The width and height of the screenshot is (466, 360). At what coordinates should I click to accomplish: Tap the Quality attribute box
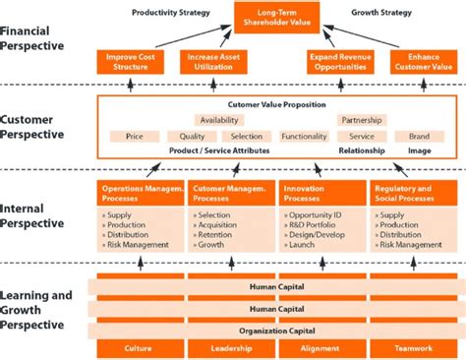coord(193,137)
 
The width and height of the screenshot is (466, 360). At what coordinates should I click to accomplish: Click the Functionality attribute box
coord(304,137)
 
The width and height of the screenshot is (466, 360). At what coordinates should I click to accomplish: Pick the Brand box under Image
coord(420,137)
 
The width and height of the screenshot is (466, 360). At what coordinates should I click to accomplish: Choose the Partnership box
coord(361,120)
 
